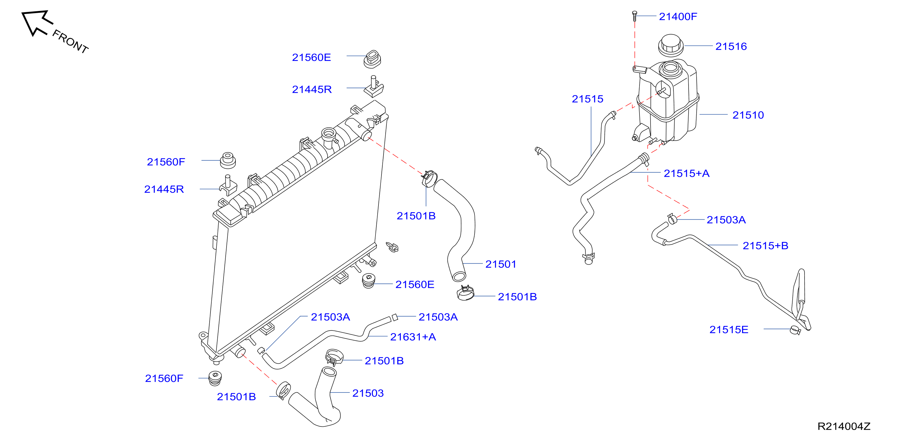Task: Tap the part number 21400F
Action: click(678, 17)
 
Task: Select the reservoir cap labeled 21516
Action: click(670, 45)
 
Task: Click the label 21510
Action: click(748, 115)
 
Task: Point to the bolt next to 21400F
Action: click(634, 16)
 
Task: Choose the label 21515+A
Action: click(686, 174)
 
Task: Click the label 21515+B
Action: click(765, 246)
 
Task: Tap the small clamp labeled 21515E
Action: click(795, 330)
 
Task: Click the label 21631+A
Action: click(413, 337)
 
